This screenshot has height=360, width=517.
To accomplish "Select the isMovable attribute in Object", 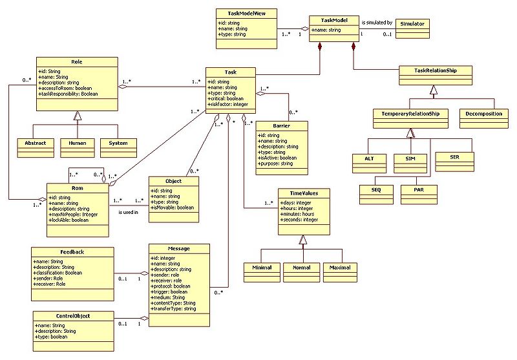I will pyautogui.click(x=171, y=207).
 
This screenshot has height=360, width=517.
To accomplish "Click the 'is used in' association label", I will pyautogui.click(x=128, y=211).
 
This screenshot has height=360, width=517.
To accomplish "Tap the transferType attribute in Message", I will pyautogui.click(x=174, y=309).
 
